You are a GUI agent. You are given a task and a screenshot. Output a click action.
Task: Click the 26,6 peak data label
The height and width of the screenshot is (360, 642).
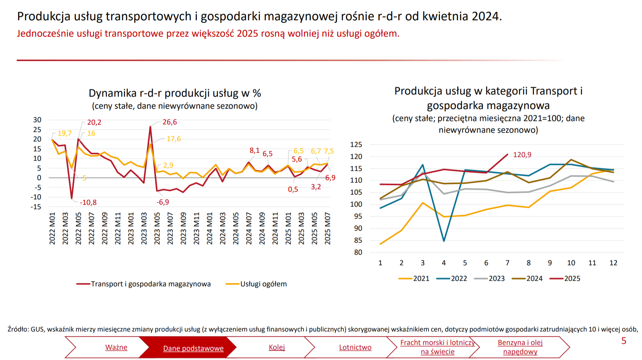point(170,122)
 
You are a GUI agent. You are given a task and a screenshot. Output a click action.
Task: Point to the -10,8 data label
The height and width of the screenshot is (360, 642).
point(88,202)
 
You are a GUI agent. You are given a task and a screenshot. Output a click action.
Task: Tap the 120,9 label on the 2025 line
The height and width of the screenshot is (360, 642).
point(522,155)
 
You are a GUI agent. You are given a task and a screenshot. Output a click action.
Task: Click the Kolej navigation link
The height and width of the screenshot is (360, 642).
point(277,347)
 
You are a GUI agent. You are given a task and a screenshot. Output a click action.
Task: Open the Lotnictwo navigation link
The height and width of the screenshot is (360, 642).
point(355,347)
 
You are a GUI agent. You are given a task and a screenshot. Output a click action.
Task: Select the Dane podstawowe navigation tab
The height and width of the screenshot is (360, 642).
point(193,348)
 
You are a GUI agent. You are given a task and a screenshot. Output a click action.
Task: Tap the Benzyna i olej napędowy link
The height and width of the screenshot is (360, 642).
point(520,347)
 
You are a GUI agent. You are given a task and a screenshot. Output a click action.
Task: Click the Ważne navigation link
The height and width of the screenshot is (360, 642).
point(116,347)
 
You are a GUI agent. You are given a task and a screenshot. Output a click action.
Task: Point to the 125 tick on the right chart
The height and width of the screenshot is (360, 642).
point(356,145)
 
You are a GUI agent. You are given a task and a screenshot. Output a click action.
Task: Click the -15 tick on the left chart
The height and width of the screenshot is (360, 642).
point(36,207)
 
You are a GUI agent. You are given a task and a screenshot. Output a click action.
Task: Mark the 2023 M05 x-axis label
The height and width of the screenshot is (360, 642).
point(157,228)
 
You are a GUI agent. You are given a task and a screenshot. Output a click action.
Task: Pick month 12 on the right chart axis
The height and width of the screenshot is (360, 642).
point(613,263)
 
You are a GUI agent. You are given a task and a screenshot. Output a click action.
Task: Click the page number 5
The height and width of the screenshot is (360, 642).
point(624,341)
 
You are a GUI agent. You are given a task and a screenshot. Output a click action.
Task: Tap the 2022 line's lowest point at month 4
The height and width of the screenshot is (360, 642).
point(444,241)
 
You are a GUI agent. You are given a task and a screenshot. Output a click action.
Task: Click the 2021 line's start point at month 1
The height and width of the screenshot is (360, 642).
point(380,244)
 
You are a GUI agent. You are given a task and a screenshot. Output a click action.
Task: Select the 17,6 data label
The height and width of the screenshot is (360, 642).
point(174,139)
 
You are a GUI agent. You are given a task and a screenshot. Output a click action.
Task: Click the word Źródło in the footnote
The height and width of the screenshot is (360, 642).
point(18,329)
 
